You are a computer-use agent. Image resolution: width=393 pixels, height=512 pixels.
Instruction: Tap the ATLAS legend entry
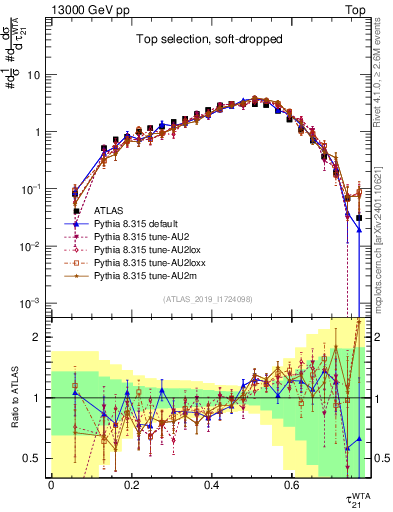coord(110,211)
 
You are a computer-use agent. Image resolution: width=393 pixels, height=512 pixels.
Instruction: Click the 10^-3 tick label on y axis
coord(32,303)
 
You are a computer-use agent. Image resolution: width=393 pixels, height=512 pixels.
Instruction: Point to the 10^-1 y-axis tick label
coord(32,189)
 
